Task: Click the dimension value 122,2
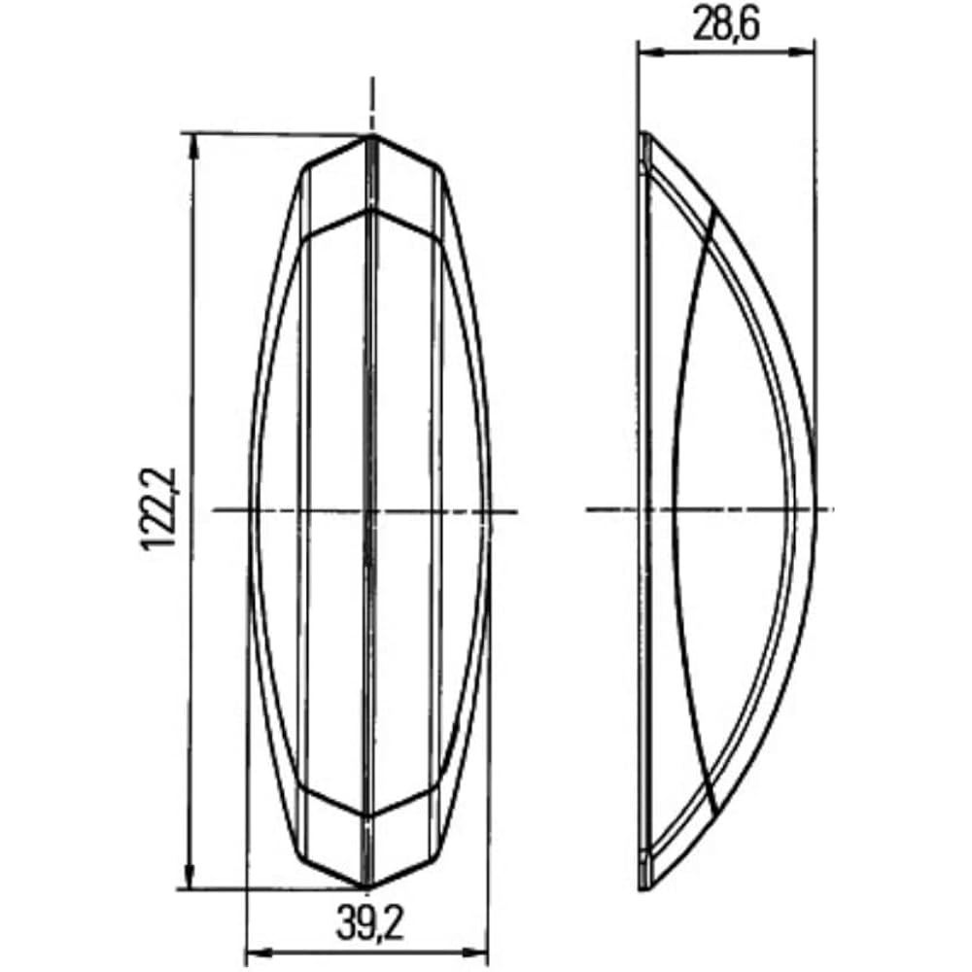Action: tap(158, 508)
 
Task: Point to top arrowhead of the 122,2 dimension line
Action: tap(191, 142)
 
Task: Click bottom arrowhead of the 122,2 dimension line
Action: tap(191, 879)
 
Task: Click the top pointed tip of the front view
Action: tap(370, 135)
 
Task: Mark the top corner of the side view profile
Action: tap(642, 133)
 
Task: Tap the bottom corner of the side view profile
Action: tap(643, 888)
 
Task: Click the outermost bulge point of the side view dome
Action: tap(815, 510)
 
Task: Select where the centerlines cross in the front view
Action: tap(369, 510)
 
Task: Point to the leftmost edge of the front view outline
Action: tap(249, 510)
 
